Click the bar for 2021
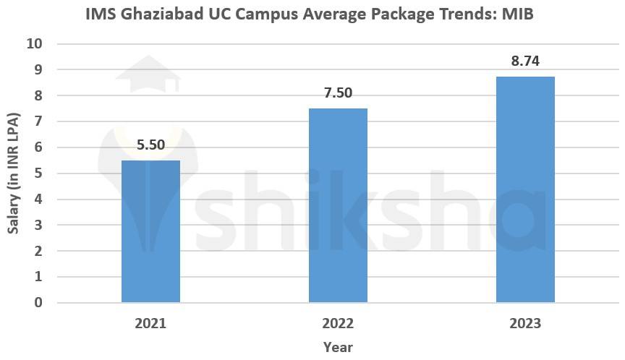pos(150,231)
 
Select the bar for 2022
pos(338,205)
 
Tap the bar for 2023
pos(525,189)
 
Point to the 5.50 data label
pos(150,145)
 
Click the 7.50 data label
pos(338,93)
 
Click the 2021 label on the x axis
pos(150,323)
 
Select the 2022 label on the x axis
pos(338,323)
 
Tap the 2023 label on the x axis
pos(525,323)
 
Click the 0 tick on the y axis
pos(38,303)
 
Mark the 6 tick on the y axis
pos(38,147)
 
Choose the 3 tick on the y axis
pos(38,225)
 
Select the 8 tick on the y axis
pos(38,95)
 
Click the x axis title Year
pos(338,347)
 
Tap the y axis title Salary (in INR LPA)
pos(13,173)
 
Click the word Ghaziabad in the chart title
pos(162,14)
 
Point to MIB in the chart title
pos(518,14)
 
